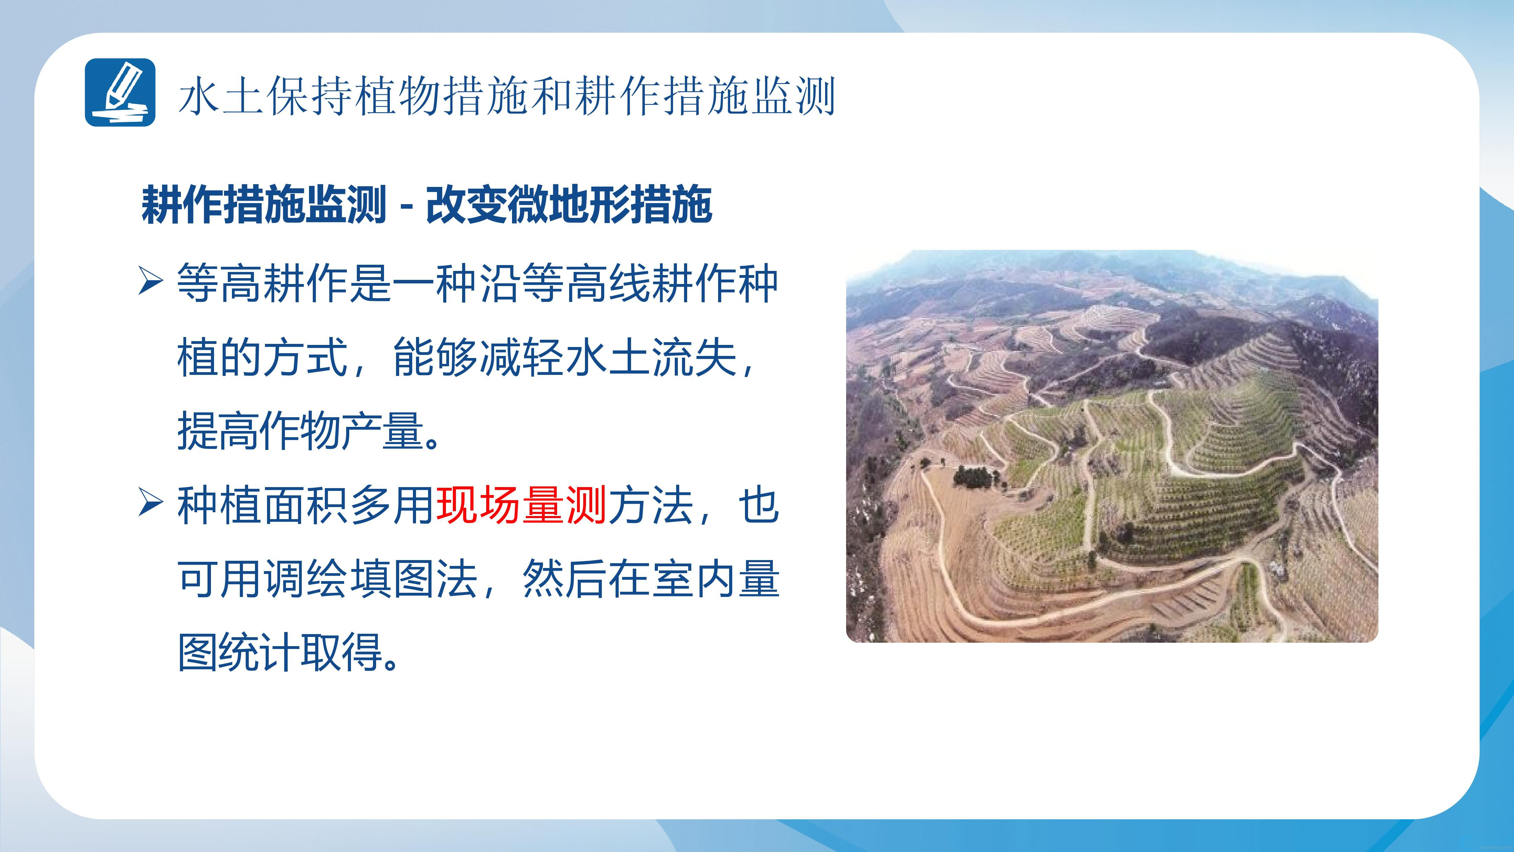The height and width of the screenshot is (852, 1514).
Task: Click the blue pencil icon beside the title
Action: pos(120,92)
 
